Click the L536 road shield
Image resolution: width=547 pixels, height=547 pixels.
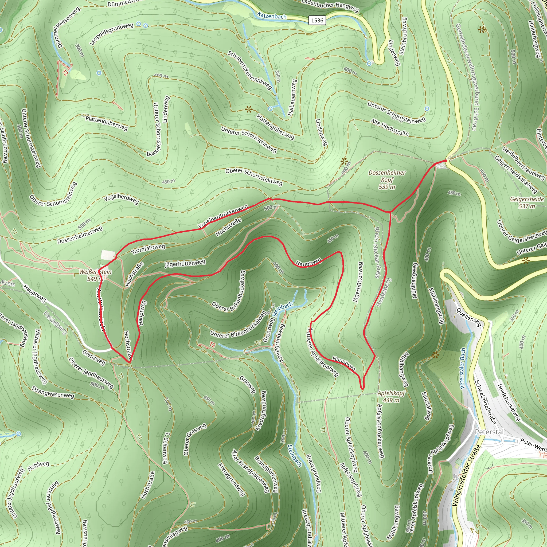317,20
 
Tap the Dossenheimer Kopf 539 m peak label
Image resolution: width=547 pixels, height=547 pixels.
387,179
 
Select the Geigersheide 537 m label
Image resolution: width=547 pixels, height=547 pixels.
527,202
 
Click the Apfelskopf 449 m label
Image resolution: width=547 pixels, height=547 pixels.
391,396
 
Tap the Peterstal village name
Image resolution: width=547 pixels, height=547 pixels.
489,432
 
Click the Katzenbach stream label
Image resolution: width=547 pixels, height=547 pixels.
272,16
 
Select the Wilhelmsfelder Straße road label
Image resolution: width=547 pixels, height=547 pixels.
466,476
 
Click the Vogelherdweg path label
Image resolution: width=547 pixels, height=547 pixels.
121,199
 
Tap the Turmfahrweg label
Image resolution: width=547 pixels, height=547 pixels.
148,249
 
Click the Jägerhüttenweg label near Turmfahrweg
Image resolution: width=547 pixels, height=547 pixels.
185,264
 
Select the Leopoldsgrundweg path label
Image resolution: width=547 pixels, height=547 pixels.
112,33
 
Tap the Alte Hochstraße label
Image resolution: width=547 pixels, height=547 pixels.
390,127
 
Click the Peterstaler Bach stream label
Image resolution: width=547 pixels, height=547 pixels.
463,368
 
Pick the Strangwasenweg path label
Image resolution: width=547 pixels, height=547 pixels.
53,392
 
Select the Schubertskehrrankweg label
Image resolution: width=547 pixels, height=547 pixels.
250,70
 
